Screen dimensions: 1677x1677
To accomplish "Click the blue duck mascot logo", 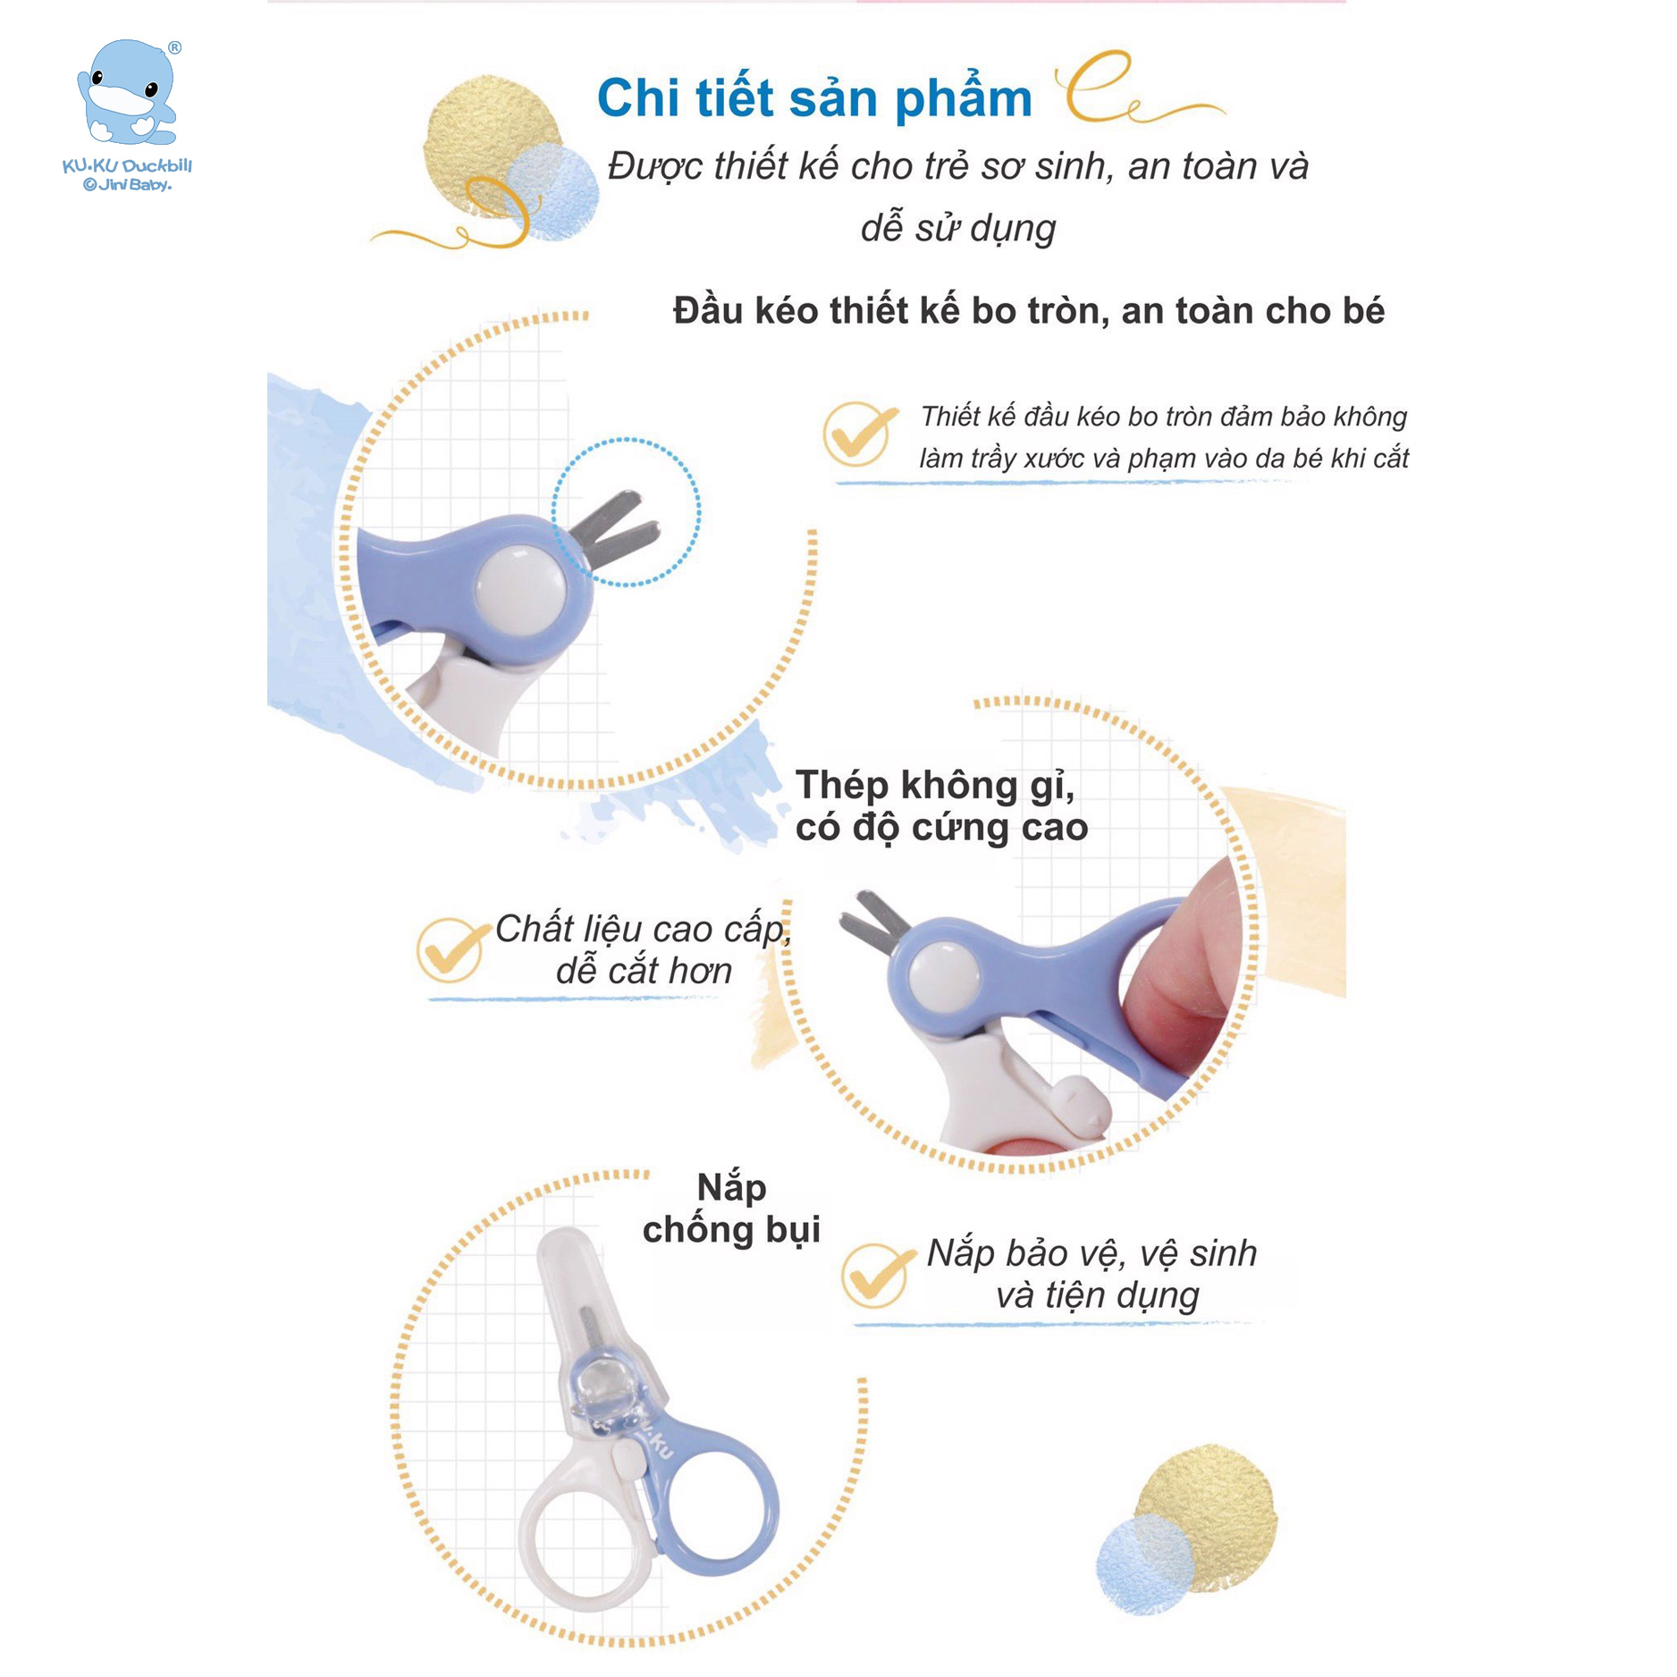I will tap(128, 93).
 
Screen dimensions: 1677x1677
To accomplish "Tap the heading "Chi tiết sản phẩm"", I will tap(814, 97).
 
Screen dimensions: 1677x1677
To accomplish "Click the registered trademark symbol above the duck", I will tap(174, 48).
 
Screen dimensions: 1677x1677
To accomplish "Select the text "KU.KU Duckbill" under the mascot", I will tap(127, 165).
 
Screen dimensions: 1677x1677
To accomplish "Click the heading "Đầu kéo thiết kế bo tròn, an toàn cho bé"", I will tap(1028, 311).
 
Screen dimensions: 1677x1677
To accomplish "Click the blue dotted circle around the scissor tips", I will tap(626, 512).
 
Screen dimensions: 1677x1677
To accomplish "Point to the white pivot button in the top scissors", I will tap(521, 587).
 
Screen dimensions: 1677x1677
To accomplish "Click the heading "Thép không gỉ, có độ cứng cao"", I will tap(941, 806).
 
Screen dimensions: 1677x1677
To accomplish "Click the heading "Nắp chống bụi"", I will tap(731, 1209).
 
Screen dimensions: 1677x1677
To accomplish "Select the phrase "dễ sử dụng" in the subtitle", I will tap(958, 228).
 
